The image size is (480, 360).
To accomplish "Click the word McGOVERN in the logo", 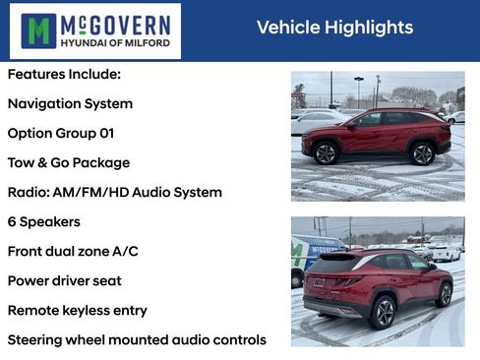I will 116,23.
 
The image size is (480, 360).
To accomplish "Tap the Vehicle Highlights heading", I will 334,28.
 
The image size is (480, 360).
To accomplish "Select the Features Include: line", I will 64,74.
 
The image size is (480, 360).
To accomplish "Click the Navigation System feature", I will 70,103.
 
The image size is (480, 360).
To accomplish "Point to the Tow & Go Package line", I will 69,162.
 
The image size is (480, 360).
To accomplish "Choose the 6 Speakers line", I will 44,221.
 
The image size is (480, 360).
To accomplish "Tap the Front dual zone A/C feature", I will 73,251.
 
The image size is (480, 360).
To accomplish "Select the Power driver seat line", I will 65,280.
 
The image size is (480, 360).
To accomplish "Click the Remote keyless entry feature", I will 78,310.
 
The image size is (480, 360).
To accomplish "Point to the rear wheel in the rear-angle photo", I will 383,313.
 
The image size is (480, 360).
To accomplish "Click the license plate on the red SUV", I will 318,282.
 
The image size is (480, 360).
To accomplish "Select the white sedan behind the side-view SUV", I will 317,122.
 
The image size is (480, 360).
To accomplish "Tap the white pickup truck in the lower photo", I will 444,252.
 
